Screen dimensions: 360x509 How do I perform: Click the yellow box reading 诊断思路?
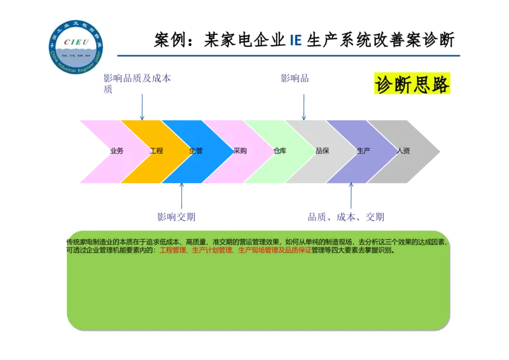[x=412, y=84]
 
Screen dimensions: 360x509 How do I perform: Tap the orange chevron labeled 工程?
[x=153, y=151]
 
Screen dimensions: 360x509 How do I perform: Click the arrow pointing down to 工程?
[x=142, y=106]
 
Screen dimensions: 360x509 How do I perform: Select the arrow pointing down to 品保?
[x=303, y=106]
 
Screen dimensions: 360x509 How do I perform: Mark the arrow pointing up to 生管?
[x=181, y=197]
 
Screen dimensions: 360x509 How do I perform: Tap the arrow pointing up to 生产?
[x=350, y=197]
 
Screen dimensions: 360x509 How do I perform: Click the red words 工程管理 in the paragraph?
[x=172, y=251]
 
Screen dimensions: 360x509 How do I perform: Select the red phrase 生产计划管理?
[x=212, y=251]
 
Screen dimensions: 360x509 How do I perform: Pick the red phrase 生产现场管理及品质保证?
[x=274, y=251]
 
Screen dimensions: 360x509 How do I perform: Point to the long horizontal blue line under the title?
[x=289, y=56]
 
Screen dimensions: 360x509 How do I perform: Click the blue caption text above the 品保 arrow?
[x=295, y=79]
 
